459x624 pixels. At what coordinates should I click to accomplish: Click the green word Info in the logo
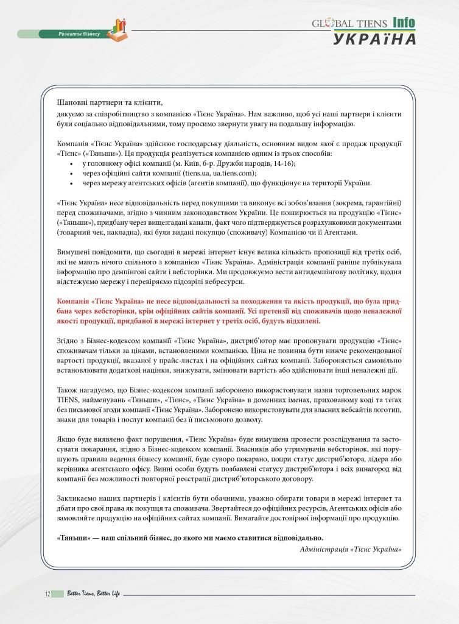click(x=404, y=22)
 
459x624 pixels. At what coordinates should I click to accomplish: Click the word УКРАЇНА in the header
click(x=374, y=38)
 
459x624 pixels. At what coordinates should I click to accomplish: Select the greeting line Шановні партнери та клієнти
click(x=110, y=102)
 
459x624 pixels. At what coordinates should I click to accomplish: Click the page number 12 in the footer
click(x=47, y=594)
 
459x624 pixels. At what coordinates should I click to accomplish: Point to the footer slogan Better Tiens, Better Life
click(x=94, y=594)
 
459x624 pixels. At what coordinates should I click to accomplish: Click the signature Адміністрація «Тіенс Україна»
click(x=351, y=548)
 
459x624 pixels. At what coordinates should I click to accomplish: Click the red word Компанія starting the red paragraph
click(x=73, y=301)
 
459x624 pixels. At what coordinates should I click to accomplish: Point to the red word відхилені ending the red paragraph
click(x=302, y=321)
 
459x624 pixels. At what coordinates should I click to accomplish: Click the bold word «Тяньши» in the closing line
click(x=72, y=537)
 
